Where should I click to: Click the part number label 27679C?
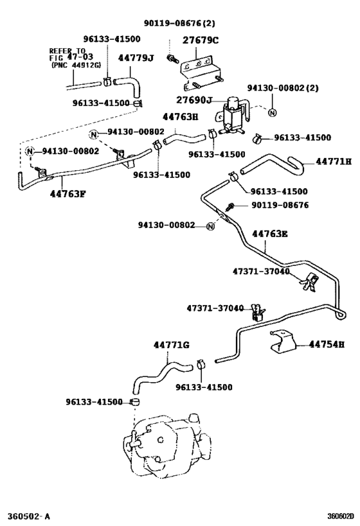pyautogui.click(x=201, y=40)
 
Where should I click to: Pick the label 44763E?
pyautogui.click(x=269, y=234)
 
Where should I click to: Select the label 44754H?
pyautogui.click(x=327, y=345)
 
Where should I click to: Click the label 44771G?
pyautogui.click(x=171, y=346)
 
